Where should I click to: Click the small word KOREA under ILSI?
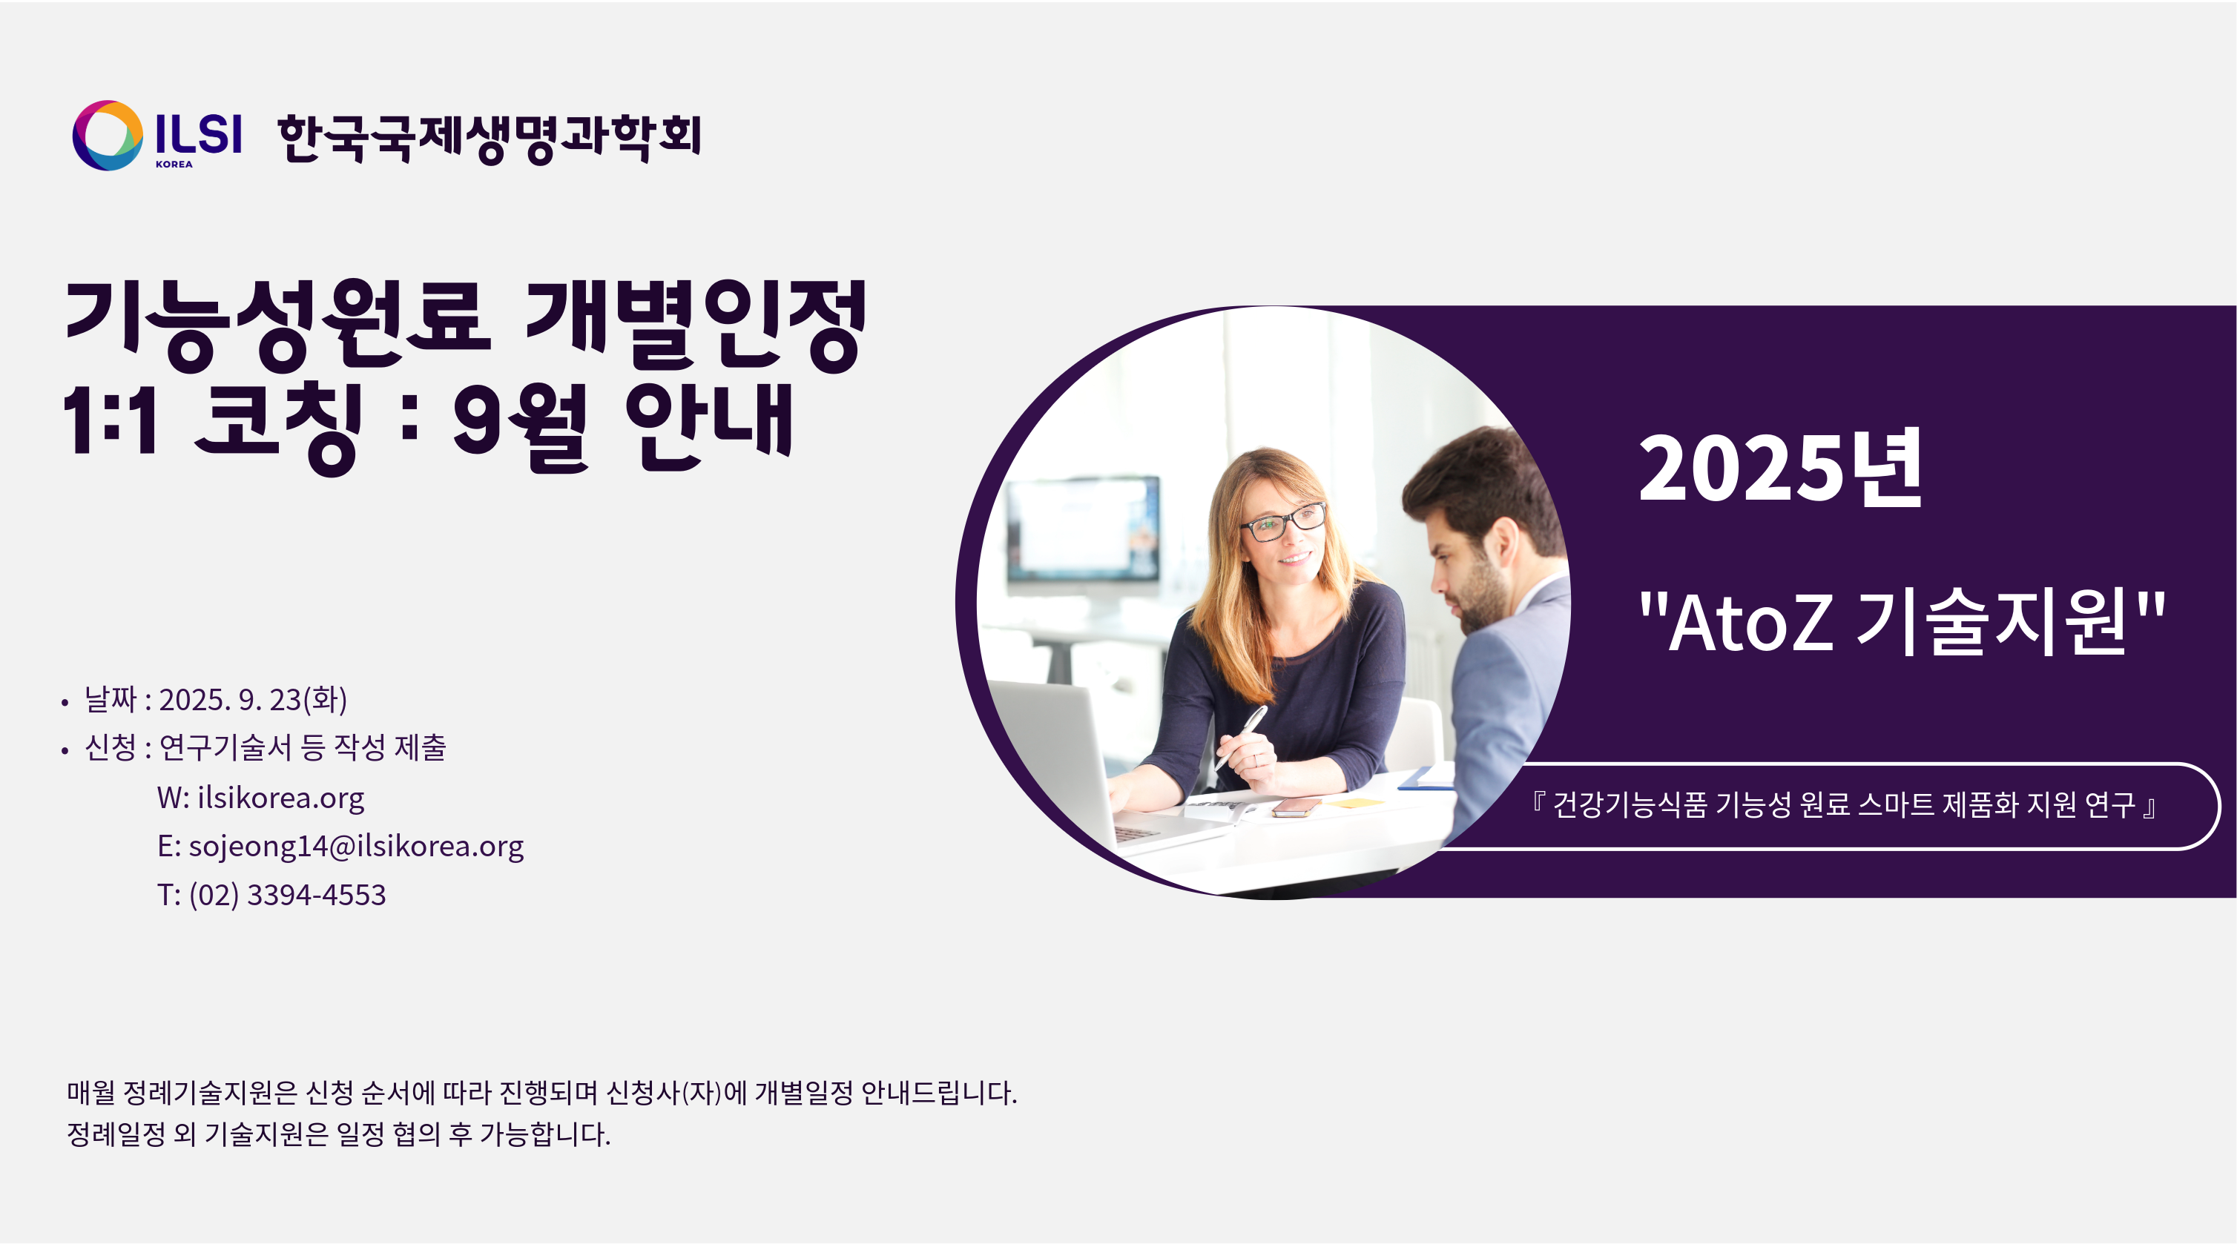pos(174,164)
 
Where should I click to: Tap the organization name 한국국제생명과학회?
pos(489,138)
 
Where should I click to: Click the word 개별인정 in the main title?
pos(696,325)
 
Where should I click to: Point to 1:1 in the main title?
pos(111,420)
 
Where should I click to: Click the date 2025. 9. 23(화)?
pos(253,700)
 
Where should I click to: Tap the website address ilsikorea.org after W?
pos(280,798)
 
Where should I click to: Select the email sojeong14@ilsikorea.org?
pos(356,846)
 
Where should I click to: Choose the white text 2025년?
pos(1780,469)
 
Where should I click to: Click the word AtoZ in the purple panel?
pos(1750,623)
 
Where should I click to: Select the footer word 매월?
pos(91,1092)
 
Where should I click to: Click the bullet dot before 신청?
pos(65,751)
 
